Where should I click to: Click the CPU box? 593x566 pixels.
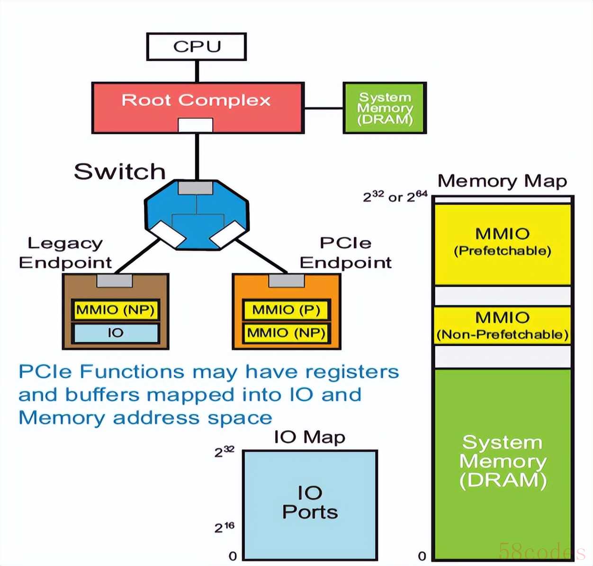coord(197,46)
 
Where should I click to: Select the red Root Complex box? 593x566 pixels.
coord(197,101)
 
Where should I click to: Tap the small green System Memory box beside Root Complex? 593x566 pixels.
coord(385,108)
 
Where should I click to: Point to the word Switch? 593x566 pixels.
coord(119,171)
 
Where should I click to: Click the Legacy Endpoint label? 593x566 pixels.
coord(65,253)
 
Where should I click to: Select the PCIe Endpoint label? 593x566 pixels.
coord(346,253)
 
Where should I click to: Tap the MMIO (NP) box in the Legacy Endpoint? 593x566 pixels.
coord(116,310)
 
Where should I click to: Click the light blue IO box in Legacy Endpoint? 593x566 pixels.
coord(116,333)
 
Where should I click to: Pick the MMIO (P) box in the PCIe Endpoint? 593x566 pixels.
coord(286,310)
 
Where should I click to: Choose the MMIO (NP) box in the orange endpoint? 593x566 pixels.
coord(286,333)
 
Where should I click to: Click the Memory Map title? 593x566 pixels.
coord(502,181)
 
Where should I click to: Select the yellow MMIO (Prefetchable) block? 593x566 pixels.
coord(503,244)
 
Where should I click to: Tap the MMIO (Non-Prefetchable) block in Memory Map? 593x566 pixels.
coord(503,326)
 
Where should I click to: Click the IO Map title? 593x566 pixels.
coord(310,437)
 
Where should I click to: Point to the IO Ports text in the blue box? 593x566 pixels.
coord(310,503)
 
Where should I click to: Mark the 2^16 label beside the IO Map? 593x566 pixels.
coord(224,527)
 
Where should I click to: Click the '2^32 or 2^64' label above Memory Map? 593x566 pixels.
coord(395,196)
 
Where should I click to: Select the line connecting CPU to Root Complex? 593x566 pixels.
coord(197,71)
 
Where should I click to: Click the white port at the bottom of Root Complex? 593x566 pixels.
coord(195,125)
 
